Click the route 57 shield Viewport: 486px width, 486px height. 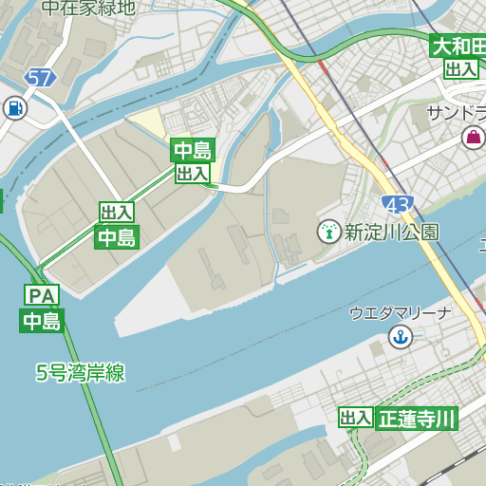(x=40, y=78)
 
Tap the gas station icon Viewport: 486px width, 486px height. (x=14, y=108)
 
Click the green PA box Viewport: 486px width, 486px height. (x=42, y=295)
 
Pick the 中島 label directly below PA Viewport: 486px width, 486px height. (x=42, y=321)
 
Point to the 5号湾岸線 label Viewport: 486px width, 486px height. (x=81, y=373)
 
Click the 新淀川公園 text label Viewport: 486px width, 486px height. (x=391, y=231)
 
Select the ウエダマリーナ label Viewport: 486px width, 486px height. (x=399, y=312)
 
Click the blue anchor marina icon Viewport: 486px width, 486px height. (x=401, y=335)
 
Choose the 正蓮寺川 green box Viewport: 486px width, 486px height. (x=417, y=419)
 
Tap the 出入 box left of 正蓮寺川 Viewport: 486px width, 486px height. (x=356, y=419)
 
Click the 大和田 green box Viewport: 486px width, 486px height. (x=458, y=46)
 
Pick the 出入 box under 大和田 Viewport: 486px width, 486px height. (x=461, y=68)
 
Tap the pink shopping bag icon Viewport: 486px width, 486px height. (x=472, y=138)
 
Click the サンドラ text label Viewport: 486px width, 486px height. (x=456, y=113)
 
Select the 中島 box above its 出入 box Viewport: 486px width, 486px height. (x=193, y=150)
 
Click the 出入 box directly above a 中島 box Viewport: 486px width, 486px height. (x=117, y=213)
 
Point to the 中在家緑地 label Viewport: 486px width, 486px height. (x=88, y=8)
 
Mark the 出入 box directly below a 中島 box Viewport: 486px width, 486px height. (x=193, y=173)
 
